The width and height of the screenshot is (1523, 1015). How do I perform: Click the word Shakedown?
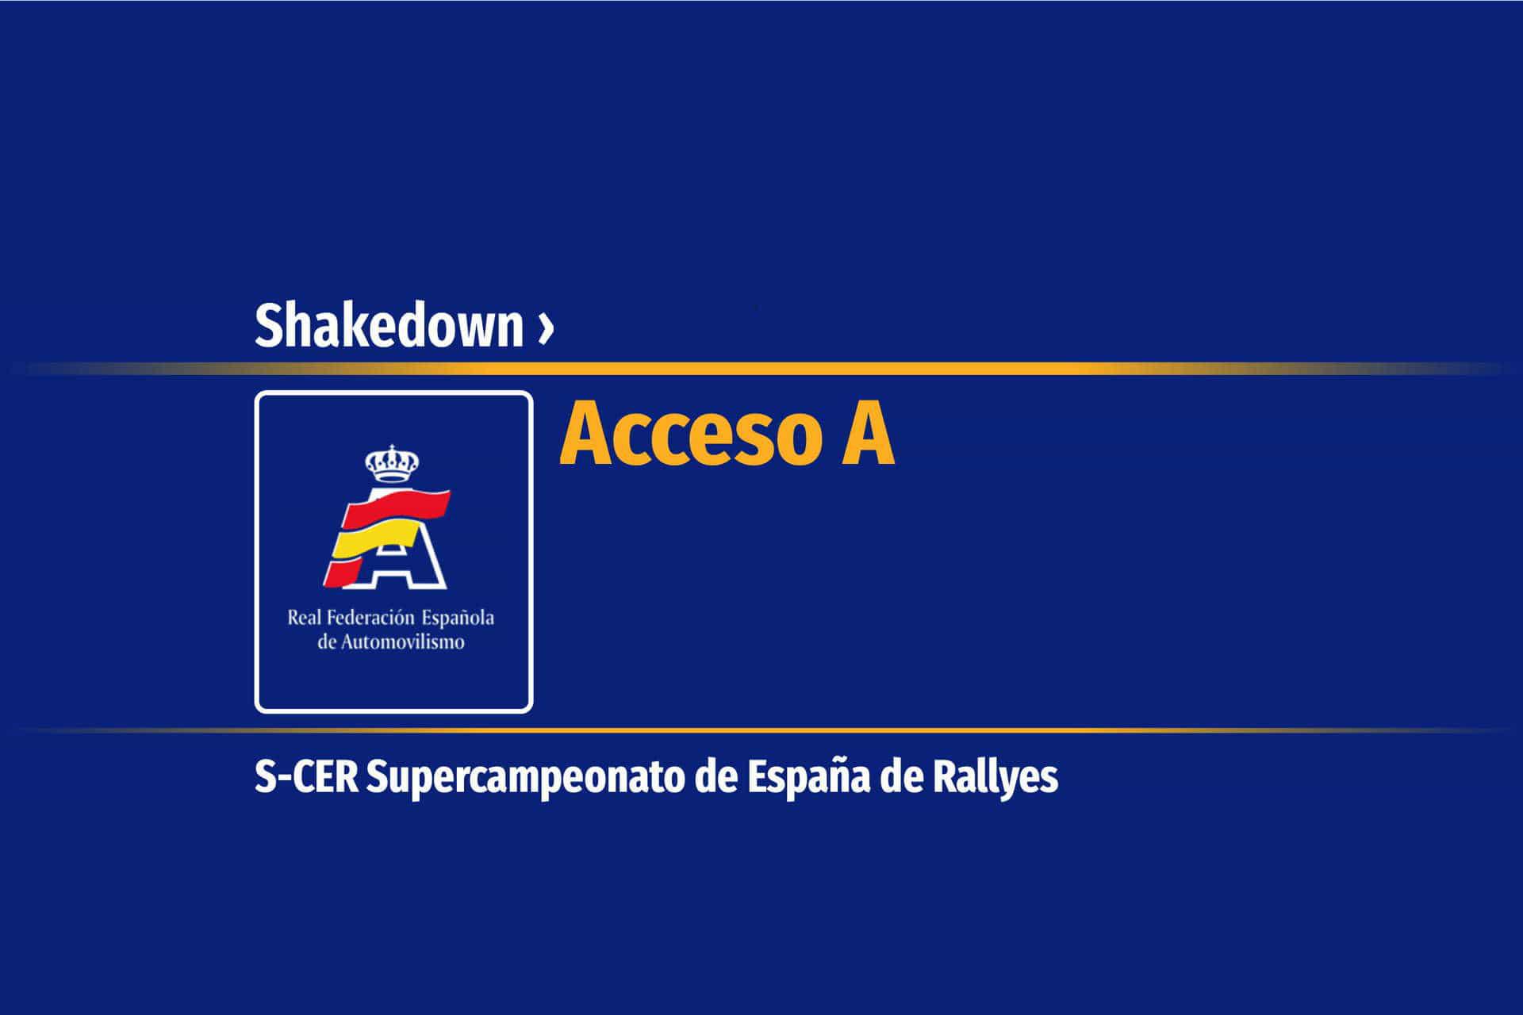pyautogui.click(x=389, y=325)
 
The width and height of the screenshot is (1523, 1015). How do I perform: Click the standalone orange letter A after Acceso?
pyautogui.click(x=869, y=434)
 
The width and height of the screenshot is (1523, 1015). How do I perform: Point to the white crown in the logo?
pyautogui.click(x=391, y=463)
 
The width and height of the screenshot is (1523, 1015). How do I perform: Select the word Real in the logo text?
pyautogui.click(x=305, y=617)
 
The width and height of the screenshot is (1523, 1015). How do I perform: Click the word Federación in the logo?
pyautogui.click(x=371, y=617)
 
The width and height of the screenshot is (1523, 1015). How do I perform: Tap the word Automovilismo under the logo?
pyautogui.click(x=402, y=642)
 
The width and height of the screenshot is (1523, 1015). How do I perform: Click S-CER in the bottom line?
pyautogui.click(x=306, y=777)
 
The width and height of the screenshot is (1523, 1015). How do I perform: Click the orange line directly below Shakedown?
pyautogui.click(x=761, y=369)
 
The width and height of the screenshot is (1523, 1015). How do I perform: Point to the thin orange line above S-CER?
pyautogui.click(x=761, y=730)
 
